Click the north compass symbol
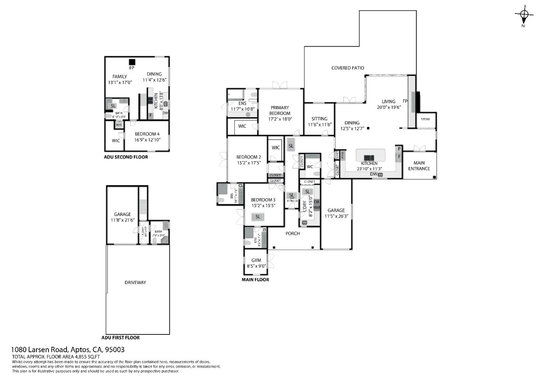click(x=524, y=15)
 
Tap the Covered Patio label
click(x=348, y=68)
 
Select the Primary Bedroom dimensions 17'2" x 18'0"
click(x=280, y=119)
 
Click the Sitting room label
click(x=319, y=119)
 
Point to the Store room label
click(x=425, y=119)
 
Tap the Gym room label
click(x=256, y=260)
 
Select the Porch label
click(x=293, y=234)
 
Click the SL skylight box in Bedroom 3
click(x=258, y=217)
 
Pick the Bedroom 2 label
click(x=248, y=157)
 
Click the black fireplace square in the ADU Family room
click(x=132, y=62)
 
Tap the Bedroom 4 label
click(x=147, y=134)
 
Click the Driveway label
click(x=135, y=283)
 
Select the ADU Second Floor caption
click(x=126, y=157)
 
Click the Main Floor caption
click(x=255, y=280)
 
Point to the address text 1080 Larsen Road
click(x=39, y=350)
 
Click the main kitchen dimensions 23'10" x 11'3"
click(x=369, y=169)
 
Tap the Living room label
click(x=388, y=102)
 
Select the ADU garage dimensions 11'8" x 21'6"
click(x=122, y=220)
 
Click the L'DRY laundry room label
click(x=305, y=206)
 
